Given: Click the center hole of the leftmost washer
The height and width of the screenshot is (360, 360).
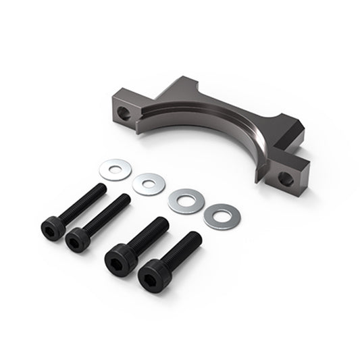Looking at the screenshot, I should pyautogui.click(x=115, y=169).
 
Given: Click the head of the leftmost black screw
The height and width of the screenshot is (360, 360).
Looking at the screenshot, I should pyautogui.click(x=53, y=228).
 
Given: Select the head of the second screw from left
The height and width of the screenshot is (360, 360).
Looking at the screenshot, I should pyautogui.click(x=78, y=239).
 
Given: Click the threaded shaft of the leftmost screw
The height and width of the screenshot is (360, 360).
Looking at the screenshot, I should pyautogui.click(x=84, y=201).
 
